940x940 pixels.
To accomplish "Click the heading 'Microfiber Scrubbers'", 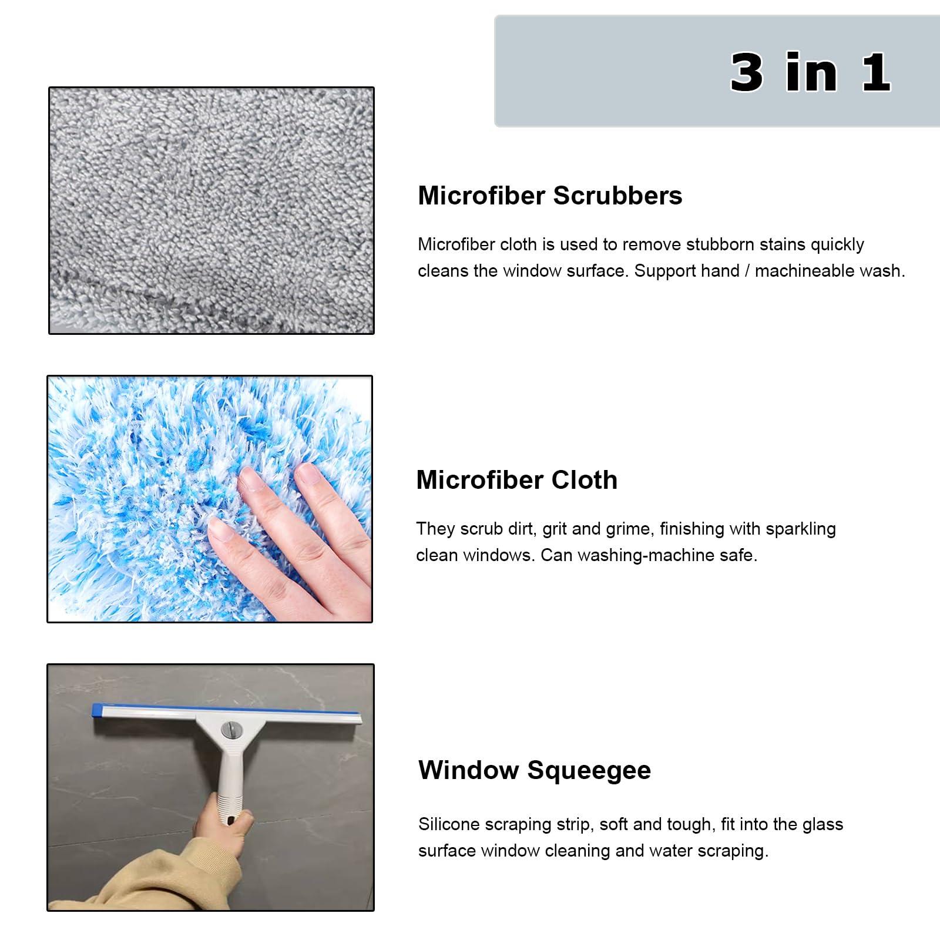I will click(x=550, y=196).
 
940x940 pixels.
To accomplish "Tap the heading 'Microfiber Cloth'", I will click(x=516, y=480).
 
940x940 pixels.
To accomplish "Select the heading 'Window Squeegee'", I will click(x=534, y=770).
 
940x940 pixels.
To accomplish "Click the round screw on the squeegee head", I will click(x=229, y=730).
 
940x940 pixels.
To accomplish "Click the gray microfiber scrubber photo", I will click(x=211, y=210).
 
